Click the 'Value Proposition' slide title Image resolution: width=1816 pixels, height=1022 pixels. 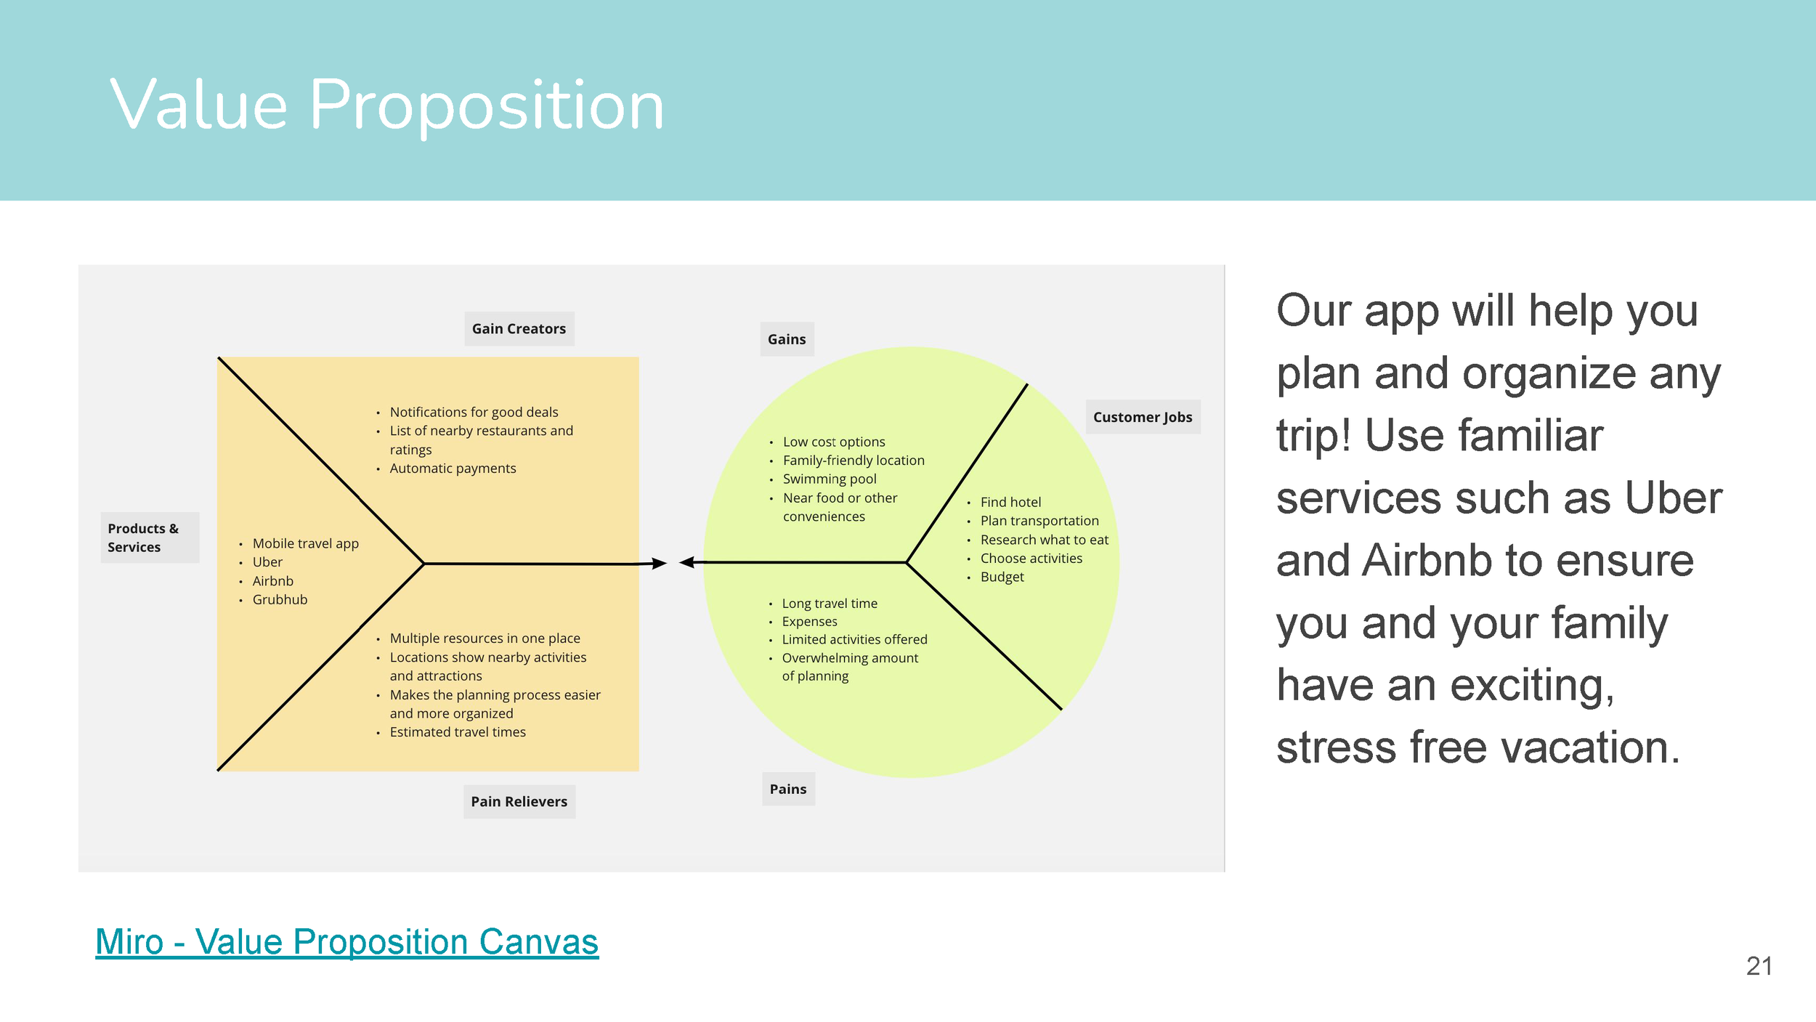386,105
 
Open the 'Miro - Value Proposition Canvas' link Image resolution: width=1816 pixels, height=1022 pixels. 346,941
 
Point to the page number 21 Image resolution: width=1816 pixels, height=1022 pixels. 1759,966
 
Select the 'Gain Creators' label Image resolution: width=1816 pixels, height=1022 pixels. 519,329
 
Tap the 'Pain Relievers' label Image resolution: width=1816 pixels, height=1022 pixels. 519,801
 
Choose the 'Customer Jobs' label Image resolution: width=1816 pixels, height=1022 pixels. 1142,417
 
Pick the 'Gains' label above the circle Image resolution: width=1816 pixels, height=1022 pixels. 787,339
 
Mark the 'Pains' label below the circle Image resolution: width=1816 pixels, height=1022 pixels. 788,789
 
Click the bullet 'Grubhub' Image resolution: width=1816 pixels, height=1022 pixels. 280,600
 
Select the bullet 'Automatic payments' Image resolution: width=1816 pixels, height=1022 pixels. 453,469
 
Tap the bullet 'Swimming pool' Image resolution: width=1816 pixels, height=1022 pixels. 830,479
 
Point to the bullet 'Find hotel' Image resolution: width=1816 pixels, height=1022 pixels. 1010,502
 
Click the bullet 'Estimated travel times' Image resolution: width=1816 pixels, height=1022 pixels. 458,732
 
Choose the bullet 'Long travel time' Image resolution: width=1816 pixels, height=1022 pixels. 830,604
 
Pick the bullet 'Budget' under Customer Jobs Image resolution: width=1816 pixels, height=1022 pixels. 1002,577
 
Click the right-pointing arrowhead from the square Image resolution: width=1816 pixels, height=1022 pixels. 659,563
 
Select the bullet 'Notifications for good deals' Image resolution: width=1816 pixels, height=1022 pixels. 474,413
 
